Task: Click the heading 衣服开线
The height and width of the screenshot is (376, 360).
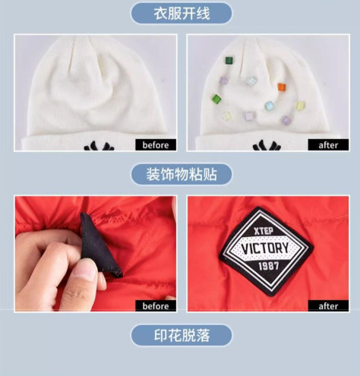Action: point(182,14)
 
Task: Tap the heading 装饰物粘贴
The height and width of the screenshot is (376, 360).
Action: point(182,175)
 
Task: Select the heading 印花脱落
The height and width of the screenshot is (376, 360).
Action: point(182,336)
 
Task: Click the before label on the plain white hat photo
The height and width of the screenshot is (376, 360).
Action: point(156,145)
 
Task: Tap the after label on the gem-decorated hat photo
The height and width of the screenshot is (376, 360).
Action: point(328,145)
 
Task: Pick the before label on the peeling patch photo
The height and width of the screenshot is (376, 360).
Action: point(156,306)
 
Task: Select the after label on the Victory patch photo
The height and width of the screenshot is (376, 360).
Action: point(328,306)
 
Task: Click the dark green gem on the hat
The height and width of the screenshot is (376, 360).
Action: point(229,60)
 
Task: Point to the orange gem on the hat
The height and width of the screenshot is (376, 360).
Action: point(282,87)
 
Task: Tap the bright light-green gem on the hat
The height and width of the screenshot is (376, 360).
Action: point(216,99)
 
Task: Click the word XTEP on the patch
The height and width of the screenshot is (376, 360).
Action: point(264,231)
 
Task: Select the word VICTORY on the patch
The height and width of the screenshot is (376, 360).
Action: point(265,248)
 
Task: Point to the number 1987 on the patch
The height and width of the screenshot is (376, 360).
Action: point(269,266)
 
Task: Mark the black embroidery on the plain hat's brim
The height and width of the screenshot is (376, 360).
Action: point(99,146)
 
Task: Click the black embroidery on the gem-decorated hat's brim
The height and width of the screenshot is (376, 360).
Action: point(267,147)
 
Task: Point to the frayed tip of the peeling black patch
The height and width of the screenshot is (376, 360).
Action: point(119,273)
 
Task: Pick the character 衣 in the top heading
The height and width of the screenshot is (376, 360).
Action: point(160,14)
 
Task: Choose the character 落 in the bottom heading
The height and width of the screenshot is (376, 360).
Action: point(203,336)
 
